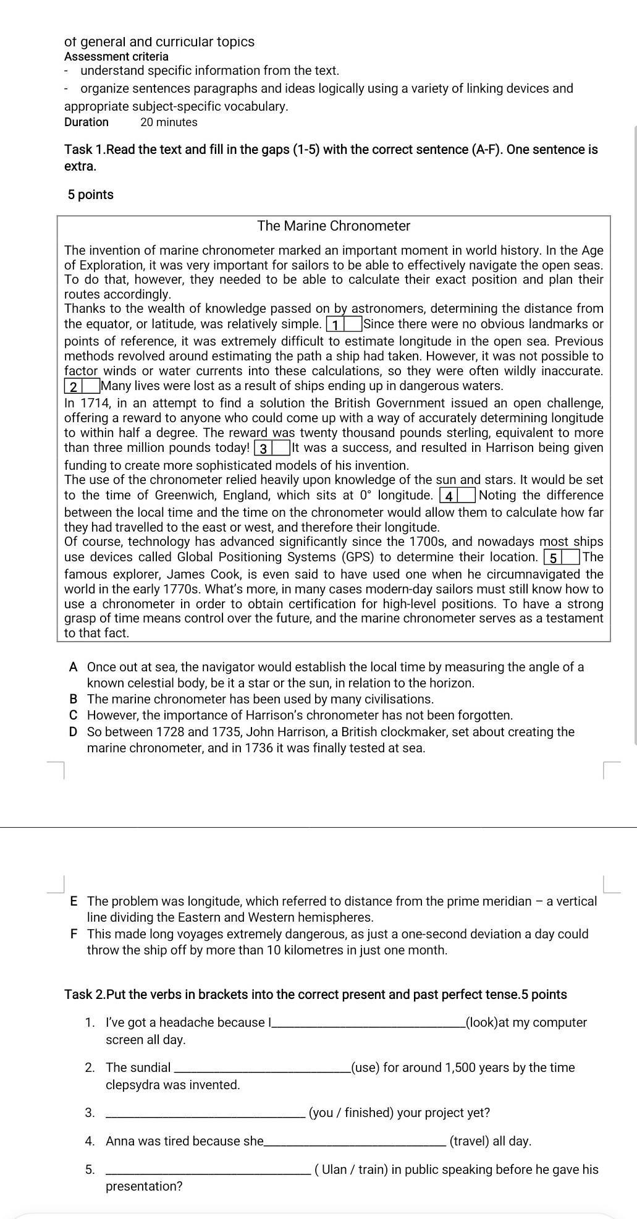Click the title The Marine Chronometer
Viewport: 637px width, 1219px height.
[334, 226]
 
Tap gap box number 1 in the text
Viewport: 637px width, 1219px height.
[344, 325]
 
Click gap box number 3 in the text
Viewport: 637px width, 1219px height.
[272, 448]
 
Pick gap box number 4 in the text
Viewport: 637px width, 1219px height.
[457, 496]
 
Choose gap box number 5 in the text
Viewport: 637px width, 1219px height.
[561, 558]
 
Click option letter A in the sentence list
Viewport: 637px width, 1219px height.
[74, 667]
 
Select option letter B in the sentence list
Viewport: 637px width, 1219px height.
[74, 699]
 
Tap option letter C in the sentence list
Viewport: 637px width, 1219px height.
[74, 715]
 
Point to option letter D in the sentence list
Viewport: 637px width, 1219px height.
[74, 732]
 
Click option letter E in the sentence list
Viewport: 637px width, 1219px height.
[74, 901]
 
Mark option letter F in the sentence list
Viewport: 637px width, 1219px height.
[74, 934]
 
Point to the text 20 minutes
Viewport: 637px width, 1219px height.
[169, 122]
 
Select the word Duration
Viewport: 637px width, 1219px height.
[86, 122]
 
